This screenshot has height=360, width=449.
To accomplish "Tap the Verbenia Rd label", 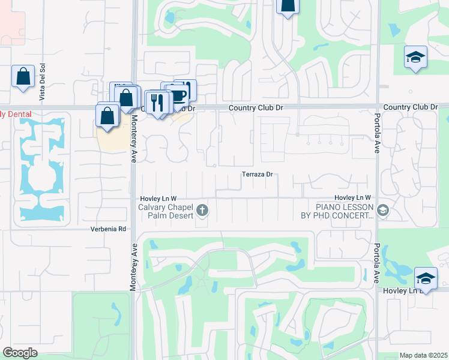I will pos(109,229).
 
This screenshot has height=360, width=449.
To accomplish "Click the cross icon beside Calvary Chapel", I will pos(203,211).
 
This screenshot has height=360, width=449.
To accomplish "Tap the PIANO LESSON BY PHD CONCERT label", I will pos(337,211).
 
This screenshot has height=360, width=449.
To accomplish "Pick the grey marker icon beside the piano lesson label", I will pos(384,210).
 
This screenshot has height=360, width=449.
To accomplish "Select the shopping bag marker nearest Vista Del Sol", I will pos(23,77).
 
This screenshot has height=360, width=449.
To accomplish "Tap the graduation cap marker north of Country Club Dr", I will pos(415,58).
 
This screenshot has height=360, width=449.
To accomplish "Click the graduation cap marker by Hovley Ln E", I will pos(426,278).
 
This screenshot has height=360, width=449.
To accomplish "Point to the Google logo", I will pos(20,353).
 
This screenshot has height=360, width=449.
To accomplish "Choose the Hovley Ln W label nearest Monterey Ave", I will pos(158,198).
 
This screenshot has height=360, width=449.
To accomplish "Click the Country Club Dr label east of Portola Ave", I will pos(411,107).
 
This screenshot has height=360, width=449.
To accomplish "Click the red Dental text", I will pos(16,114).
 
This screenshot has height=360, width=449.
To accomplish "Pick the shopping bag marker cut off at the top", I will pos(288,5).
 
